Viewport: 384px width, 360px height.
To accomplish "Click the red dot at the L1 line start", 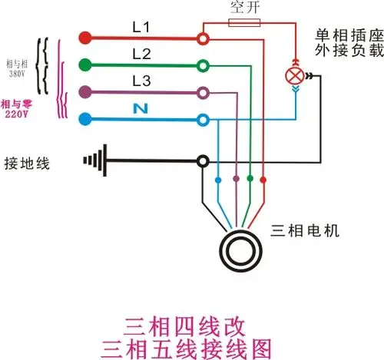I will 86,37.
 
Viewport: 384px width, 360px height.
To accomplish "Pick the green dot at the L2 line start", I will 86,64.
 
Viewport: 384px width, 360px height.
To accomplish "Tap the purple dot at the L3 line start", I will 86,92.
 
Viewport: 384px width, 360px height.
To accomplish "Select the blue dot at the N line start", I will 86,119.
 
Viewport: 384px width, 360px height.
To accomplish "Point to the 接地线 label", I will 28,163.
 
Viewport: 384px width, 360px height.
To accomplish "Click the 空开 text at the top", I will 243,9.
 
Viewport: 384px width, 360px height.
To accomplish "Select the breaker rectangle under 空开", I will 243,23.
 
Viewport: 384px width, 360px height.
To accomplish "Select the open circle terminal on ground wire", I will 203,161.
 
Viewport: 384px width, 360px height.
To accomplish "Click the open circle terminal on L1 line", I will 203,37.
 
